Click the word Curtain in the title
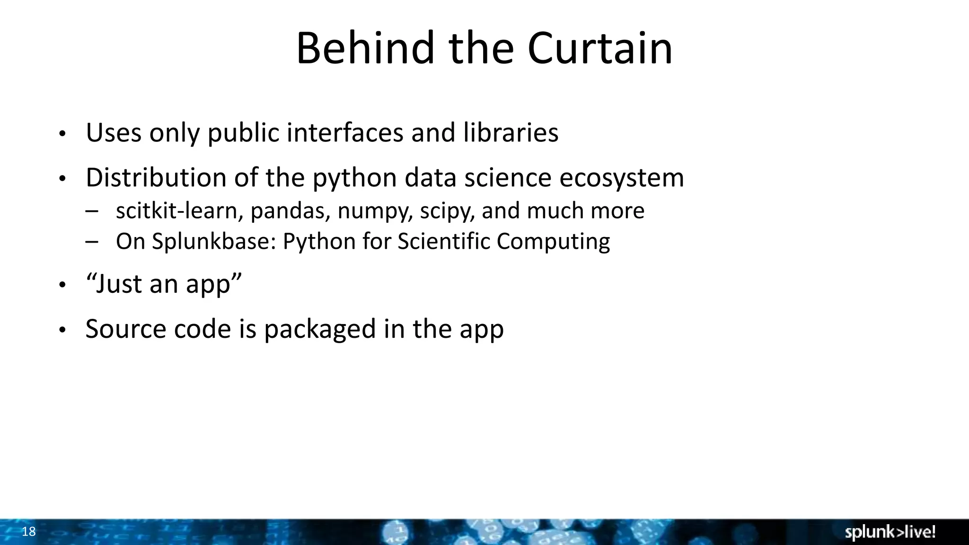599,48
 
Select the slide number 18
29,532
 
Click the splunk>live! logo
890,532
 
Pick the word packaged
320,330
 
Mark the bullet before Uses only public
62,134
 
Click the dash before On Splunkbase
92,242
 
